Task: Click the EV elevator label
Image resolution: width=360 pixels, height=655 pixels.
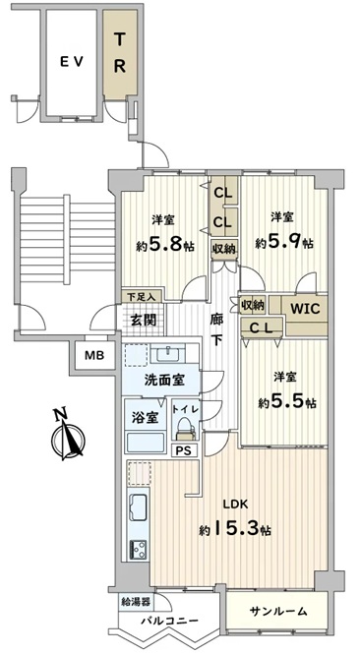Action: pyautogui.click(x=72, y=62)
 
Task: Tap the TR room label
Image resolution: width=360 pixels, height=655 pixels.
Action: pyautogui.click(x=120, y=53)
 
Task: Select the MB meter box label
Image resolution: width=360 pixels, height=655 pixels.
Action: pyautogui.click(x=94, y=356)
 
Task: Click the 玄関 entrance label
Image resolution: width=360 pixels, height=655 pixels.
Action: pyautogui.click(x=144, y=321)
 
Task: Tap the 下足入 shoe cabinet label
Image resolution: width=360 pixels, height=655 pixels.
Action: pyautogui.click(x=142, y=297)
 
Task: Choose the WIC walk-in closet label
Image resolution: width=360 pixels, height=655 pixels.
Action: pyautogui.click(x=305, y=309)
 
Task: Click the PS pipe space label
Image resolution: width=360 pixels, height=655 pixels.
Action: pyautogui.click(x=186, y=450)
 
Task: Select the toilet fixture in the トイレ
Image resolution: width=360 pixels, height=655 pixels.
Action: pyautogui.click(x=186, y=429)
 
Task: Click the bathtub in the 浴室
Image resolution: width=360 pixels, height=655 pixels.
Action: pyautogui.click(x=146, y=443)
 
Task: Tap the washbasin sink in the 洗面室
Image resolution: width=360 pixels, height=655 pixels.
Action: pyautogui.click(x=166, y=355)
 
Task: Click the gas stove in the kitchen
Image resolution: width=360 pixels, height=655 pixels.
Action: pyautogui.click(x=139, y=550)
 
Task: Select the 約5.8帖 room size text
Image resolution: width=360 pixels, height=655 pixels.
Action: pyautogui.click(x=165, y=244)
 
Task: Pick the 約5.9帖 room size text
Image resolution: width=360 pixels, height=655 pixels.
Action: pyautogui.click(x=284, y=242)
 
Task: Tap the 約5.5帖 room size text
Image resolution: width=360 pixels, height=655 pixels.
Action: pyautogui.click(x=287, y=402)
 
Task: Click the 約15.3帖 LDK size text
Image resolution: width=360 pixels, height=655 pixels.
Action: pyautogui.click(x=235, y=529)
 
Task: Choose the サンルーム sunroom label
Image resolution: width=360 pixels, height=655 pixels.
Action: pyautogui.click(x=278, y=611)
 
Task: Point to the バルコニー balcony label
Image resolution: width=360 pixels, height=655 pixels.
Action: pyautogui.click(x=170, y=621)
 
